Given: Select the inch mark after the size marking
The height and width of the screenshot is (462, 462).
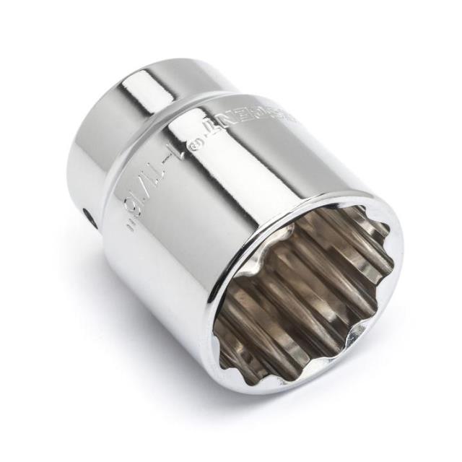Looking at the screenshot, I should (x=132, y=224).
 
